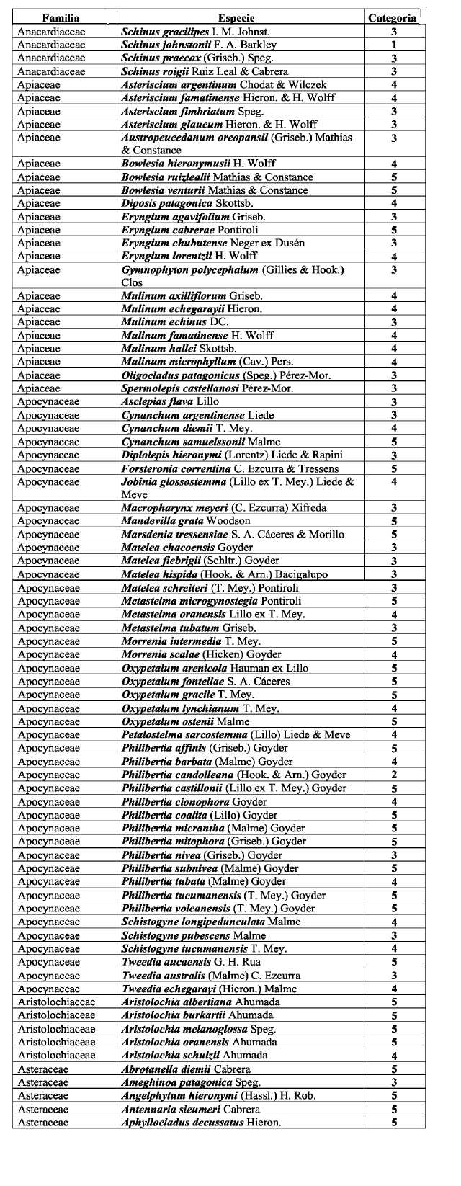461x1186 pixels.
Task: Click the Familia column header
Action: pyautogui.click(x=61, y=18)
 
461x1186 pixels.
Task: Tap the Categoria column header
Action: pyautogui.click(x=393, y=18)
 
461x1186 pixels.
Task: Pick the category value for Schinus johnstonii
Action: pyautogui.click(x=394, y=45)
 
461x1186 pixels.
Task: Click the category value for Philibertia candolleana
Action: pyautogui.click(x=394, y=775)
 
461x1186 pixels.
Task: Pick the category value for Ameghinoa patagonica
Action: pyautogui.click(x=394, y=1082)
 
